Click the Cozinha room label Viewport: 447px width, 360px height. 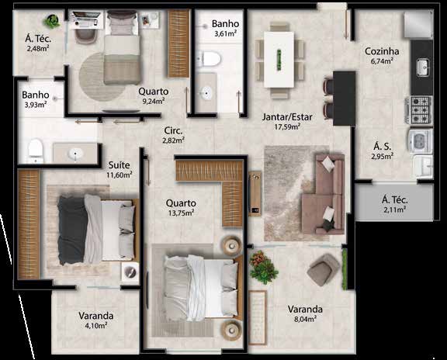point(382,51)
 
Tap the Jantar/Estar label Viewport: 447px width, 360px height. point(287,117)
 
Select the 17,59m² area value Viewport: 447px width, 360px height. point(287,126)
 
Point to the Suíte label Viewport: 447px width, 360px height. point(120,165)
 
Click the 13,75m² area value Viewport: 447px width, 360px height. point(181,213)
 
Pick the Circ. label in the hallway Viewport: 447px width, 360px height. point(173,131)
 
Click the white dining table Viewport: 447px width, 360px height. point(279,59)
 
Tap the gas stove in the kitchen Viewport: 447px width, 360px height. point(418,110)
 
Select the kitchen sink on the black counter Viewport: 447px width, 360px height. point(423,67)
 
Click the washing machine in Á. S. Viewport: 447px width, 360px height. point(421,141)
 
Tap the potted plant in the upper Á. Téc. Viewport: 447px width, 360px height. point(52,21)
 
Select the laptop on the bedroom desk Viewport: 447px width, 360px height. point(86,19)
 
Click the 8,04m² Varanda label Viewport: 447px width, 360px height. point(305,313)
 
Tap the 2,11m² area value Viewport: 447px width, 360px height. point(395,209)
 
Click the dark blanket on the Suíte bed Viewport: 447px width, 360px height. point(72,230)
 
